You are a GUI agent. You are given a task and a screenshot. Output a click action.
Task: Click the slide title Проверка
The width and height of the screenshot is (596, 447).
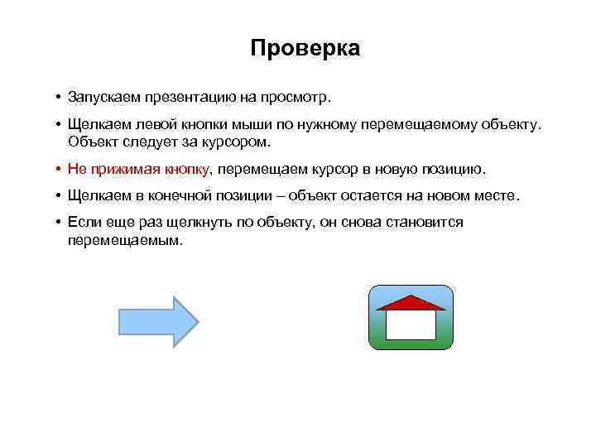pyautogui.click(x=305, y=49)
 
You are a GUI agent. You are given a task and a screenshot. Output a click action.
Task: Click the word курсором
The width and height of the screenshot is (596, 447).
pyautogui.click(x=237, y=142)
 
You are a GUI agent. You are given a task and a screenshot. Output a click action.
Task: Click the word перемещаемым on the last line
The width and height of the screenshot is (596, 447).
pyautogui.click(x=124, y=239)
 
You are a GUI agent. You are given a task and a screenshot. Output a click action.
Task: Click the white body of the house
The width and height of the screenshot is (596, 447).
pyautogui.click(x=411, y=324)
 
